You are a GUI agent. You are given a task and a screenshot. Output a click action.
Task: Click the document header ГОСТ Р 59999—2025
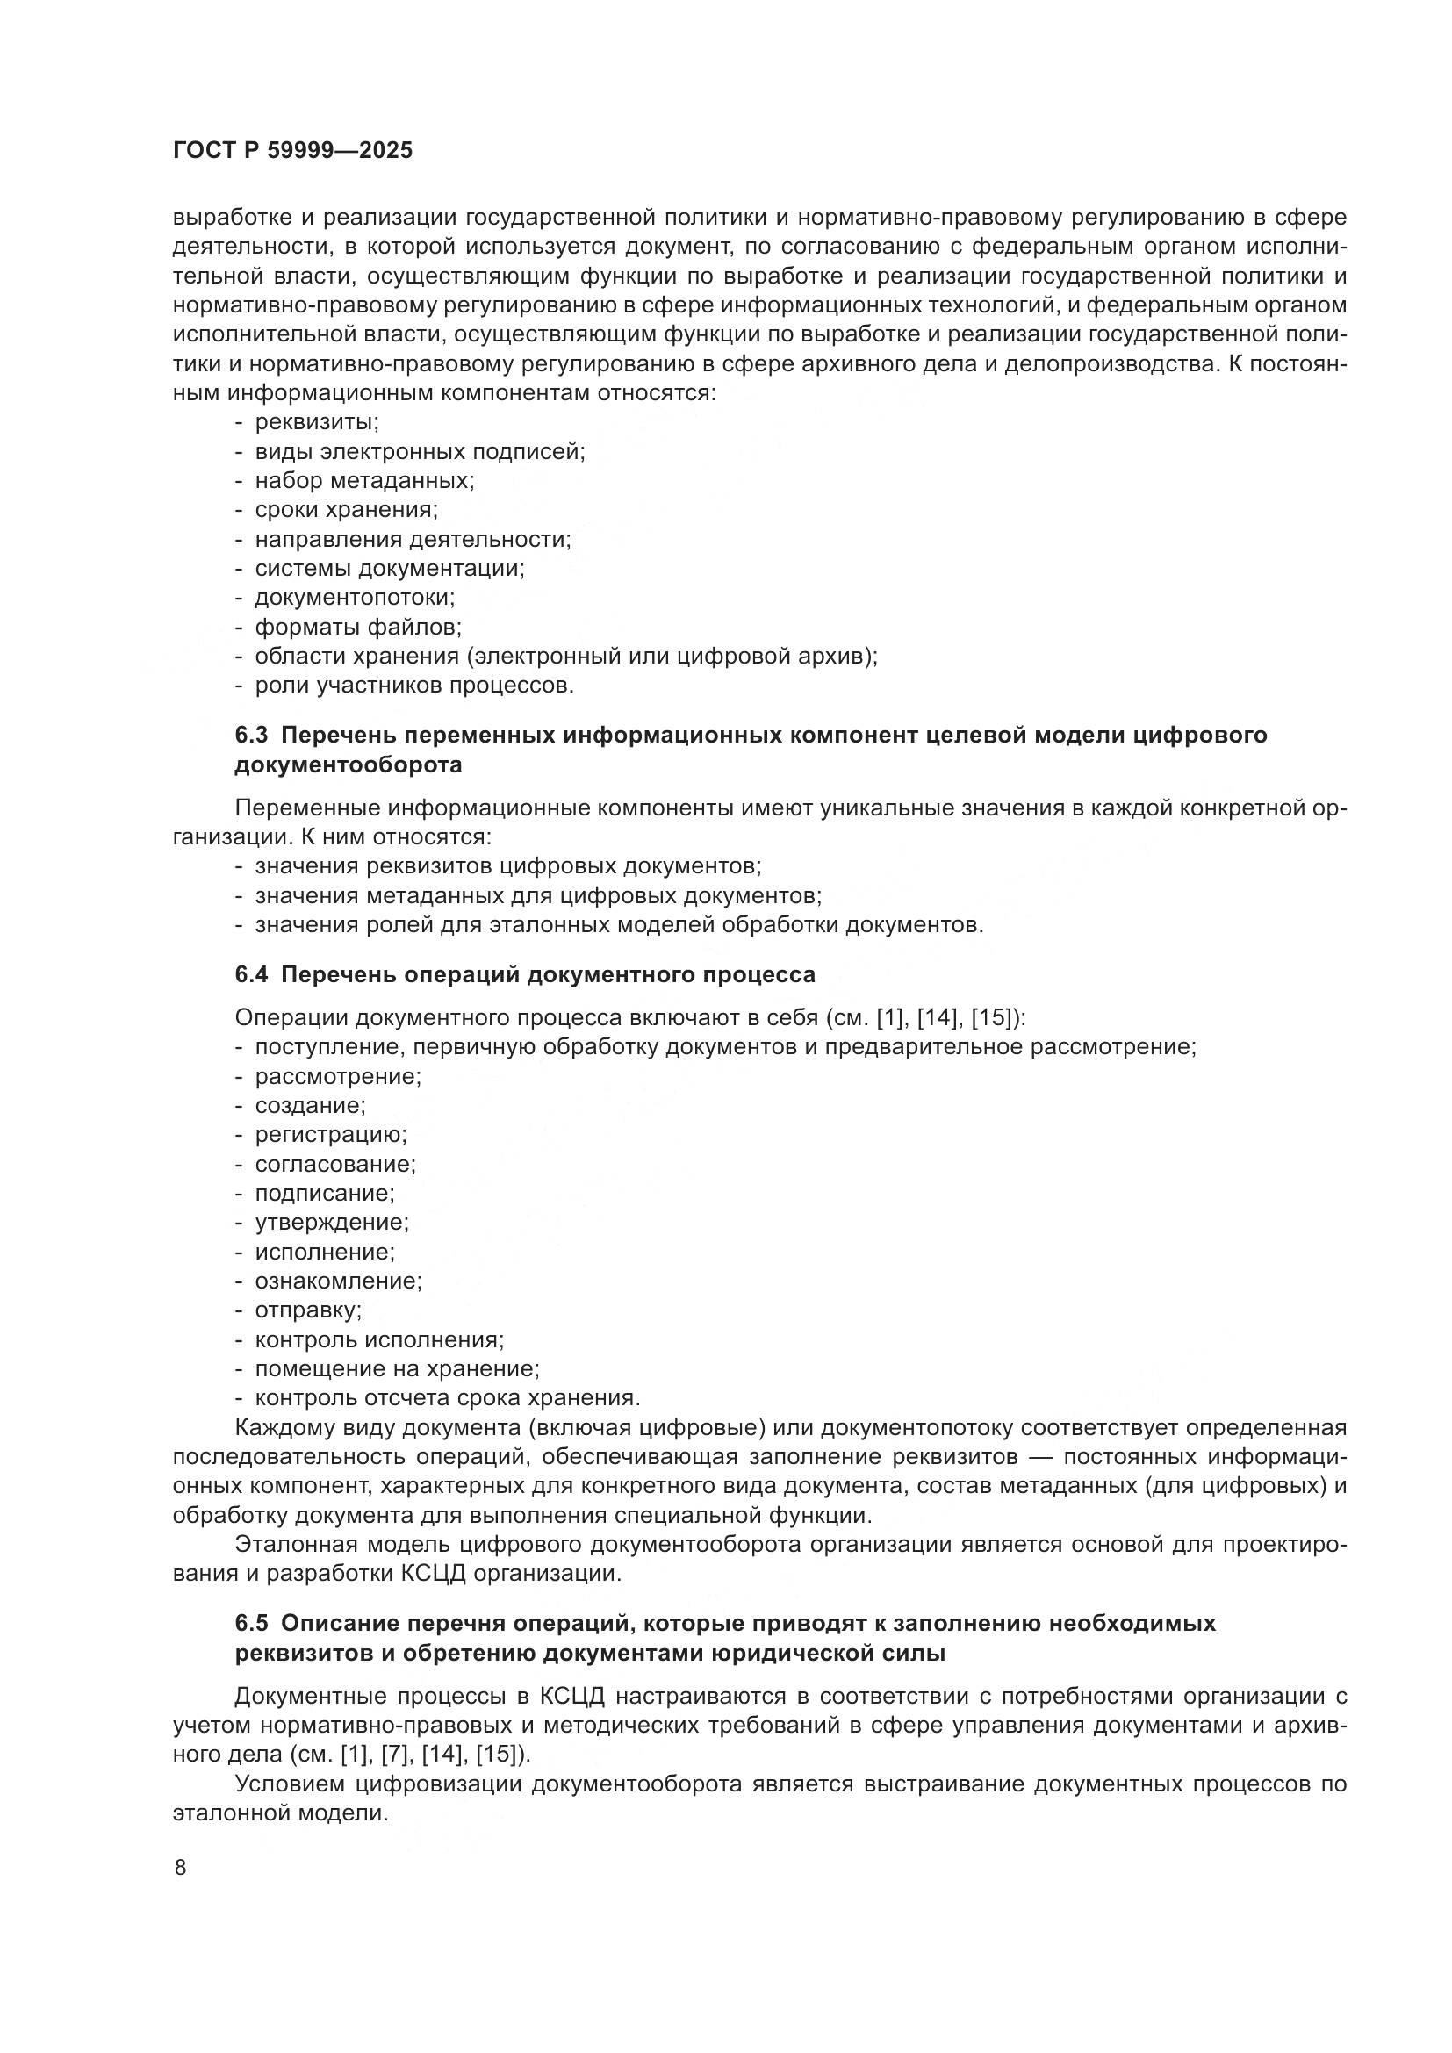292,150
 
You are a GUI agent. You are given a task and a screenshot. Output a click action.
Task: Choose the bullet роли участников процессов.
414,686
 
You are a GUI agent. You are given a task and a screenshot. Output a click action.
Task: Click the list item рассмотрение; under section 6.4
338,1077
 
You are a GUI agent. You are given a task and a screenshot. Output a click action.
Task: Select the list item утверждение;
332,1223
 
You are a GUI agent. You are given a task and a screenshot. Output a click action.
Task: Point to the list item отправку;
308,1310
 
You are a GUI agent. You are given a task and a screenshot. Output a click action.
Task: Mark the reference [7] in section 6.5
394,1755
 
